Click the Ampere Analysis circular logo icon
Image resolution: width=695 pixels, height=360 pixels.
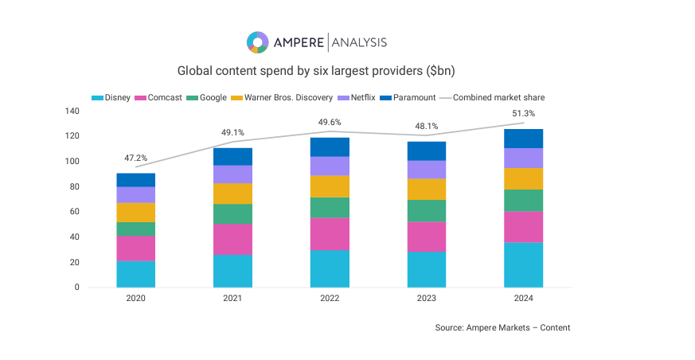point(257,42)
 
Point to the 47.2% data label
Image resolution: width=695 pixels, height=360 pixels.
point(135,158)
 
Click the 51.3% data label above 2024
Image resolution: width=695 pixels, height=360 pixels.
point(523,114)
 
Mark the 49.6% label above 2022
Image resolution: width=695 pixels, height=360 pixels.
point(330,123)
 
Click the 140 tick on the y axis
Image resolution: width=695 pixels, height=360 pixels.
point(73,111)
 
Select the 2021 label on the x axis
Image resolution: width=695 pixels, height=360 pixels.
point(232,298)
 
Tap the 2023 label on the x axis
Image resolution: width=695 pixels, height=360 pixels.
point(427,298)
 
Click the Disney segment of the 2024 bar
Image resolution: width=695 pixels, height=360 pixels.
point(523,264)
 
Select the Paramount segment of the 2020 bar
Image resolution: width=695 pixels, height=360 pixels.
point(135,180)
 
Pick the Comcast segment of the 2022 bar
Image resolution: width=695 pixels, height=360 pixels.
point(330,233)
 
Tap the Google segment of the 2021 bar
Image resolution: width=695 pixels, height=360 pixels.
point(232,213)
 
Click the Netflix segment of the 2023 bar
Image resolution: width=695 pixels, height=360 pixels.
point(427,169)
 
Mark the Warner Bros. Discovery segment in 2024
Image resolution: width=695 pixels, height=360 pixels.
point(523,178)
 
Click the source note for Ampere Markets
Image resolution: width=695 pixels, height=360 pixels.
point(502,327)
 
